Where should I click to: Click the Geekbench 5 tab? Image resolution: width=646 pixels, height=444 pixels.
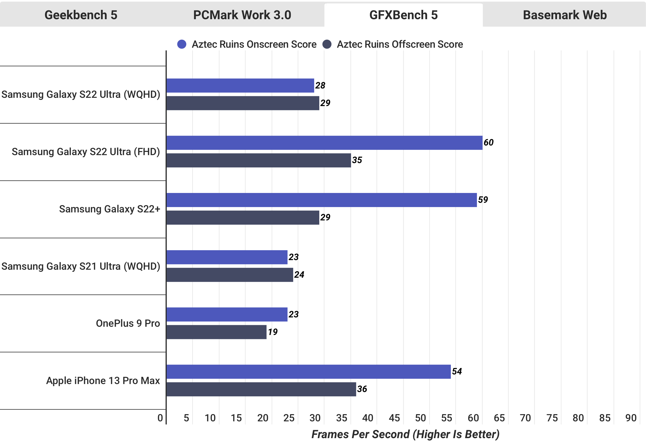[81, 15]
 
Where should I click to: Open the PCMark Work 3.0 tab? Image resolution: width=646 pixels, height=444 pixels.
[242, 15]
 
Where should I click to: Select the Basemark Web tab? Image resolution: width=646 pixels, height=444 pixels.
[565, 15]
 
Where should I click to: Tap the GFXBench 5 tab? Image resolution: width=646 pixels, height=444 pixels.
[403, 15]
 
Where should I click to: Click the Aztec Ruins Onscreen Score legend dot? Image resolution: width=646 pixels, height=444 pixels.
[182, 44]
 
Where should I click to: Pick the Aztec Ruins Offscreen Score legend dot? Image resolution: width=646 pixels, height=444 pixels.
[327, 44]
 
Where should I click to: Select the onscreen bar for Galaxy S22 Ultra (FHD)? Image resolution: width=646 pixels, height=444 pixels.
[324, 143]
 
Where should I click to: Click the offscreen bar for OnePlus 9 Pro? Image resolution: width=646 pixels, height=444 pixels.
[216, 332]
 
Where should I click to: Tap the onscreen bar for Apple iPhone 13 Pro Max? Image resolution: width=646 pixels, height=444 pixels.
[309, 372]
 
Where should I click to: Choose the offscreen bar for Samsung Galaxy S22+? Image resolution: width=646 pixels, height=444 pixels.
[243, 217]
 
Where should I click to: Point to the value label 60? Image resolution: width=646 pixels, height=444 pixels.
[488, 142]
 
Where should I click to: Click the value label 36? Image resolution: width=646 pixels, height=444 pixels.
[362, 389]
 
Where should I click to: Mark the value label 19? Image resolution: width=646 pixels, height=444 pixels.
[272, 332]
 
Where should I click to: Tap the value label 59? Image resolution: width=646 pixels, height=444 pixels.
[483, 200]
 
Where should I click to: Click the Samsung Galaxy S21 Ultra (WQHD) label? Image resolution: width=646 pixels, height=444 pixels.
[81, 266]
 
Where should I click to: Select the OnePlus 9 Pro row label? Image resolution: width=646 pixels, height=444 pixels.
[128, 323]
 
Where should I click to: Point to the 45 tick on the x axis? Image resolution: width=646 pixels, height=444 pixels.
[394, 418]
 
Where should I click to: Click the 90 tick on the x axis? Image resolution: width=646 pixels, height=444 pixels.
[631, 418]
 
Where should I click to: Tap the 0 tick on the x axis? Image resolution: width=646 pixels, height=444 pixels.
[160, 418]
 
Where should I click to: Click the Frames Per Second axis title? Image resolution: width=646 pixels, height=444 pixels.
[405, 434]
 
